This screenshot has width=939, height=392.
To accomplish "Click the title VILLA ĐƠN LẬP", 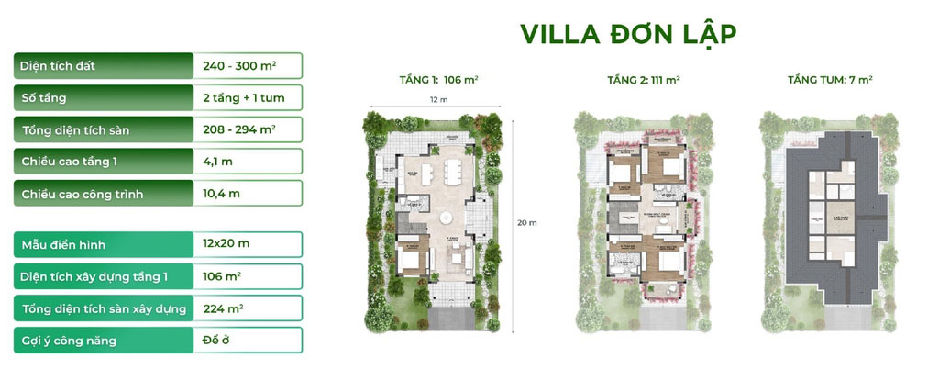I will (x=628, y=34).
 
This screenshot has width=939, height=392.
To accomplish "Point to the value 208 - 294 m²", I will (x=239, y=129).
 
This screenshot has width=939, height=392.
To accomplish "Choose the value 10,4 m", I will (x=221, y=194).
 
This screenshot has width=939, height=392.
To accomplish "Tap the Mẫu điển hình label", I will (x=64, y=244).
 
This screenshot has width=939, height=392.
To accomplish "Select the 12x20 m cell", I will (x=226, y=244).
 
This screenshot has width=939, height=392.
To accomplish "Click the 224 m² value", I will (x=223, y=308).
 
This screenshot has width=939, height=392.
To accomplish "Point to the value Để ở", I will (x=215, y=341).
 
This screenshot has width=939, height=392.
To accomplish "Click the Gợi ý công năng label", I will (x=69, y=341).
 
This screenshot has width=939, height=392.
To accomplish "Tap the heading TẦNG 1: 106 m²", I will (x=438, y=81).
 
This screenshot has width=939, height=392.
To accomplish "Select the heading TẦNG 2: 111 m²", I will (x=643, y=81).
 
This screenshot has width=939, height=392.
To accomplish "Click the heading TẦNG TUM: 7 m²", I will (x=830, y=81).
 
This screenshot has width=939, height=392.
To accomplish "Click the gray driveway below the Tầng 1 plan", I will (x=447, y=318).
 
